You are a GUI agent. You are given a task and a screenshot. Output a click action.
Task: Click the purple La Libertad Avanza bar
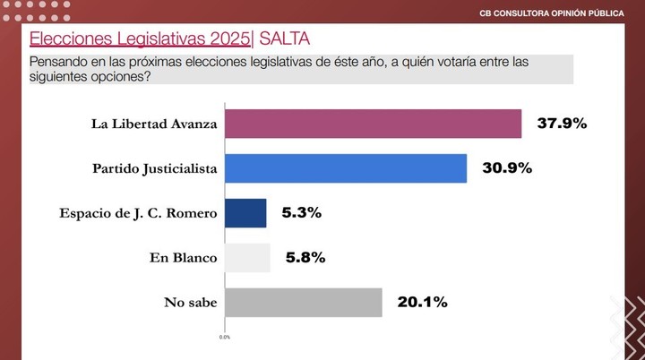coord(373,124)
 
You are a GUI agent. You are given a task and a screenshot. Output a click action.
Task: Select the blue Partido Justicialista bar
coord(345,168)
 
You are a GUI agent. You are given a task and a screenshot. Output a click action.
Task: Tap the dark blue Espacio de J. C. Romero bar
coord(245,213)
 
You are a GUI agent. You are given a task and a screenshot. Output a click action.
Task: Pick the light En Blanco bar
coord(247,258)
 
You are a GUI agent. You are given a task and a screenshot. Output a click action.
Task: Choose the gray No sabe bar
coord(304,303)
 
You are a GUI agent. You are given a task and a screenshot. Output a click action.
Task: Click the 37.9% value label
coord(561,124)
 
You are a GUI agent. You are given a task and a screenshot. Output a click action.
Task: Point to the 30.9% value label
coord(506,168)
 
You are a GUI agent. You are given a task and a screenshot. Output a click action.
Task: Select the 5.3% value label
coord(301,213)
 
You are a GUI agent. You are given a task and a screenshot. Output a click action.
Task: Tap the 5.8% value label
coord(305,258)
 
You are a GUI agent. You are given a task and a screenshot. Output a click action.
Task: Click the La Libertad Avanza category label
coord(154,124)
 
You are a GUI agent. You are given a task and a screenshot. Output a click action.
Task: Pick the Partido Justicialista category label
coord(155,168)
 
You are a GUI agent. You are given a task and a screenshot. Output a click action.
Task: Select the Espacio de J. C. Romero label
coord(138,213)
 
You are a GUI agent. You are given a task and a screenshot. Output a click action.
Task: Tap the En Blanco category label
coord(184,258)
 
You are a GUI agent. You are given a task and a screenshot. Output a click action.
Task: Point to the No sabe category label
coord(190,303)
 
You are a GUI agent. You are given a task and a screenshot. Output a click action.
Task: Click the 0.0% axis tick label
coord(225,338)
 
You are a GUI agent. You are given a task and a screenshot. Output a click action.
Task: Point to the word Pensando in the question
coord(60,62)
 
